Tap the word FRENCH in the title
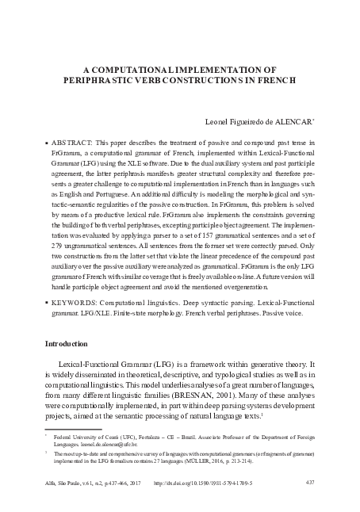[x=273, y=80]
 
